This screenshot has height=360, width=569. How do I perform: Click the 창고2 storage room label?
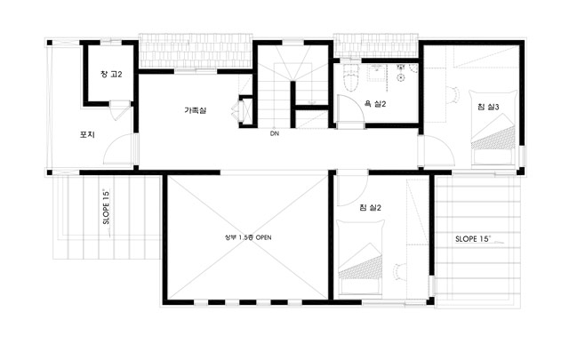point(111,75)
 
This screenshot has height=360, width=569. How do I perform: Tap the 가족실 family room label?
point(196,110)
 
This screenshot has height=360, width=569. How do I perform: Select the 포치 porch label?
point(87,134)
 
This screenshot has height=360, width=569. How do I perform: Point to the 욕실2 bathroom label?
point(375,104)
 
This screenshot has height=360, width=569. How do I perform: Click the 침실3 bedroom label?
point(488,107)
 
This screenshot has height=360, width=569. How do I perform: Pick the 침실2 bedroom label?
point(370,208)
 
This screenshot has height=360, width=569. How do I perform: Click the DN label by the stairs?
point(275,133)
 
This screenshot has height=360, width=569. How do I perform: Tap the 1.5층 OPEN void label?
point(248,237)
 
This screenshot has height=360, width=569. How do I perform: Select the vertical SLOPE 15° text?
point(106,206)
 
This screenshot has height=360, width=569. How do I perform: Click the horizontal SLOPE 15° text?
point(473,239)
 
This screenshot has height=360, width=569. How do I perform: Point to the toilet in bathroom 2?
point(350,77)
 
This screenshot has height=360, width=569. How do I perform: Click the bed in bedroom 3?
point(493,127)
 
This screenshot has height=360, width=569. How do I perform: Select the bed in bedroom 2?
point(360,257)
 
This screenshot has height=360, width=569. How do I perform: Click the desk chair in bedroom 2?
point(399,272)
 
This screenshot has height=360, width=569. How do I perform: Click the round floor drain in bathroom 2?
point(401,77)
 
